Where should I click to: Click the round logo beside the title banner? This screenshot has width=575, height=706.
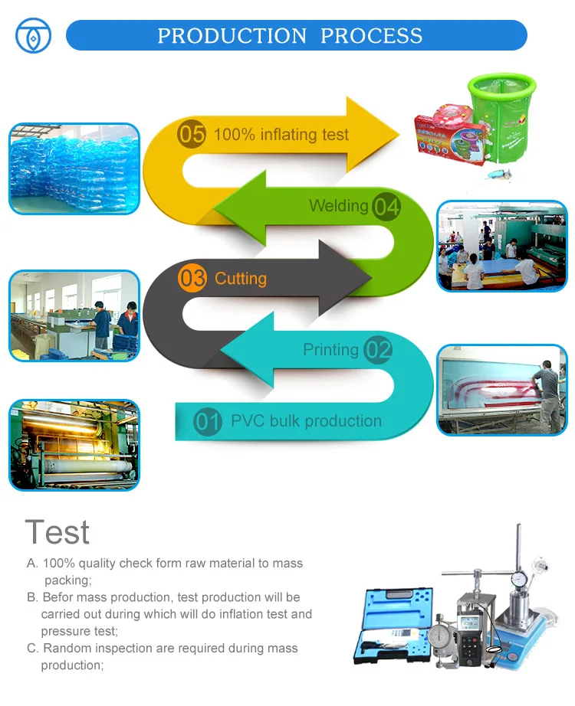point(34,35)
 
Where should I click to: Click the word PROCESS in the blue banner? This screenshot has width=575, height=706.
point(371,36)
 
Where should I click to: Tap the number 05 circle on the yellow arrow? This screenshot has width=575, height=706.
point(192,135)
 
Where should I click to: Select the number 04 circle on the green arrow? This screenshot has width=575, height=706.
point(386,206)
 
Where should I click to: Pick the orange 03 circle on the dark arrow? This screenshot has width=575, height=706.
point(192,278)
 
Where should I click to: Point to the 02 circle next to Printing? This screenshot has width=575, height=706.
point(378,350)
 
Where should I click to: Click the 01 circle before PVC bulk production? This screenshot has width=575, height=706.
point(208,422)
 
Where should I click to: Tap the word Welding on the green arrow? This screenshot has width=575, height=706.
point(338,206)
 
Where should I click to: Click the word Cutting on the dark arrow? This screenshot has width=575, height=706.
point(241,279)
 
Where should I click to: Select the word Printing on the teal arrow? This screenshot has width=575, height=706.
point(330,350)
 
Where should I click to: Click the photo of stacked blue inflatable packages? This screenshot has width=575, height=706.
point(74,168)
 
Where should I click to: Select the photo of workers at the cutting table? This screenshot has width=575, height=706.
point(74,315)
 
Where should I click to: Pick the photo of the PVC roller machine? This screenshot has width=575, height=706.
point(74,444)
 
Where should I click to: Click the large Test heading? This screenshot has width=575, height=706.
point(58,532)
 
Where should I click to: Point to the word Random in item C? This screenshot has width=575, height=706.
point(67,649)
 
